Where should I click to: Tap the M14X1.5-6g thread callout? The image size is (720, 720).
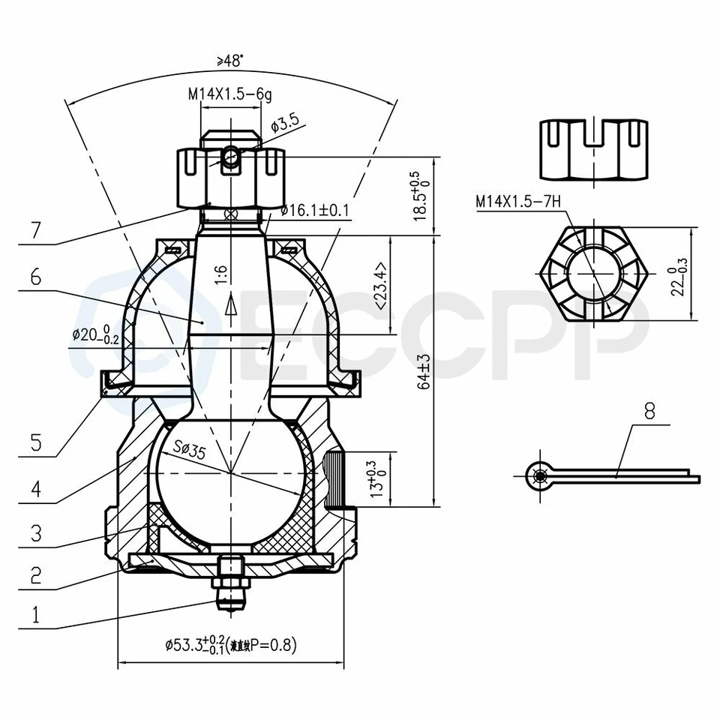click(230, 95)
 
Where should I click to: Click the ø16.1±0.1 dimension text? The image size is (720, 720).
click(315, 211)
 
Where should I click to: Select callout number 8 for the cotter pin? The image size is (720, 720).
click(649, 411)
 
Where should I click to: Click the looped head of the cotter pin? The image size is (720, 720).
click(537, 475)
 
